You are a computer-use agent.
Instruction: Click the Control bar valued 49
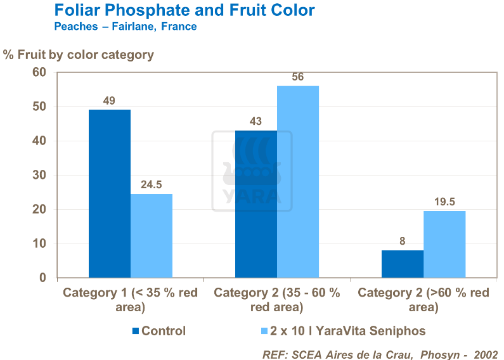(109, 193)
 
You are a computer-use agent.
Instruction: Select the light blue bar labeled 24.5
(152, 236)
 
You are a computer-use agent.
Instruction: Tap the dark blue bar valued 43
(255, 204)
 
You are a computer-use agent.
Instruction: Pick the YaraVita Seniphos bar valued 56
(298, 182)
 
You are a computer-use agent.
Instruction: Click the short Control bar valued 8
(402, 264)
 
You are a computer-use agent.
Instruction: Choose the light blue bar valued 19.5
(444, 244)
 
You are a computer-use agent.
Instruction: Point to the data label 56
(298, 77)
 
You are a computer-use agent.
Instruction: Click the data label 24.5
(152, 185)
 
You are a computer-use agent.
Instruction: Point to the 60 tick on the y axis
(39, 72)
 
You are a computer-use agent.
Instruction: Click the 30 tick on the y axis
(39, 175)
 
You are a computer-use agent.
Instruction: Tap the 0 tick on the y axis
(42, 278)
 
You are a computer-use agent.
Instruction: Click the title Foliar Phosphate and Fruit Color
(184, 11)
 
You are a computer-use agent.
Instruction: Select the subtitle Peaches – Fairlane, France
(126, 27)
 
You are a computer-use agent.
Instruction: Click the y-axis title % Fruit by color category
(79, 55)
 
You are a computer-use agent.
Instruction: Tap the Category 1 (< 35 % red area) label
(130, 300)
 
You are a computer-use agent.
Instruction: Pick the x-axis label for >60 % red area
(423, 300)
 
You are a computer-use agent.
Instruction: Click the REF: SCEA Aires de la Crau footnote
(380, 353)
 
